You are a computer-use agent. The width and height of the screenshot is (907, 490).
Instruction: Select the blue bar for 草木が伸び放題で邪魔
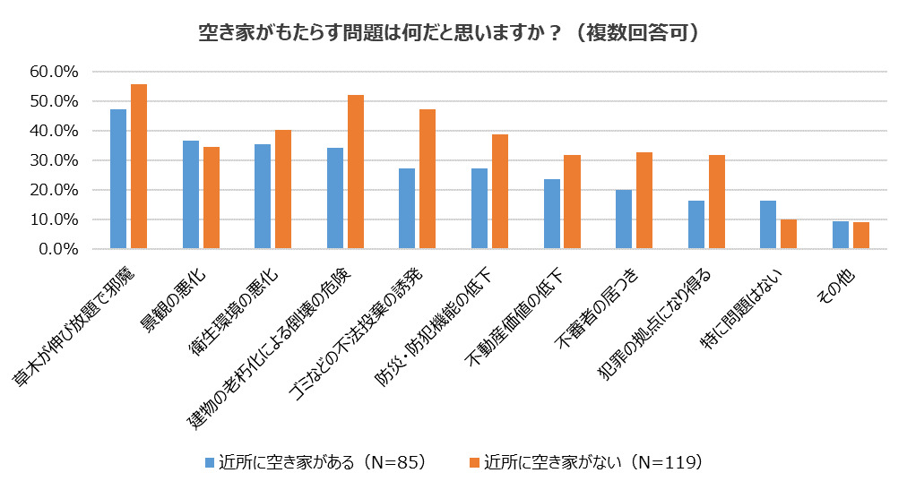click(118, 179)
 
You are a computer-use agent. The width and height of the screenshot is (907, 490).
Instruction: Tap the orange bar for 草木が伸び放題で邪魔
click(139, 167)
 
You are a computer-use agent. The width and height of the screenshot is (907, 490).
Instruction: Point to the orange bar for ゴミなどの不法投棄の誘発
click(428, 179)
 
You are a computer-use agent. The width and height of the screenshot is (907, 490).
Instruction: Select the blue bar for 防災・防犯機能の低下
click(479, 209)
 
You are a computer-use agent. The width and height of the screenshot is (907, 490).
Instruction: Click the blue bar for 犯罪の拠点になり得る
click(696, 225)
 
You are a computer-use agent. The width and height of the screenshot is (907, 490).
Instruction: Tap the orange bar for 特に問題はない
click(789, 235)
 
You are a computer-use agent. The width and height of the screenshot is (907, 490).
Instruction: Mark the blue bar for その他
click(841, 236)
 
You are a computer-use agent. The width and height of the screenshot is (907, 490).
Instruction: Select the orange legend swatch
click(475, 463)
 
